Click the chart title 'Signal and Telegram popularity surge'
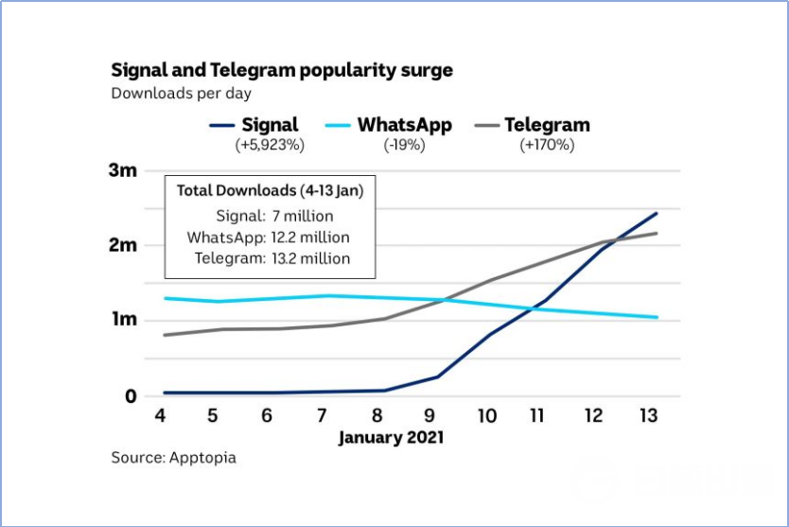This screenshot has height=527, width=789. coord(282,70)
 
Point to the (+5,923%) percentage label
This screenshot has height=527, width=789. coord(270,145)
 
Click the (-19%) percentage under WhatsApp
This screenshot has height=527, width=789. coord(405,145)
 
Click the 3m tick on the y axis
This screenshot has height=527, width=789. coord(124,171)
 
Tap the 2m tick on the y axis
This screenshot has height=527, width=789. coord(124,245)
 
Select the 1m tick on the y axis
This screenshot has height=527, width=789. coord(124,320)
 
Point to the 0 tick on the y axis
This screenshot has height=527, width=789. coord(131,395)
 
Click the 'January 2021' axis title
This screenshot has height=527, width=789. coord(391,438)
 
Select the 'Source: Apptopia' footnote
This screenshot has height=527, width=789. coord(174,458)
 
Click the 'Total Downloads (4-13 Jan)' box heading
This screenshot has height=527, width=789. coord(270,190)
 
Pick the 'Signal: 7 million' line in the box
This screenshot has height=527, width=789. coord(274,216)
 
